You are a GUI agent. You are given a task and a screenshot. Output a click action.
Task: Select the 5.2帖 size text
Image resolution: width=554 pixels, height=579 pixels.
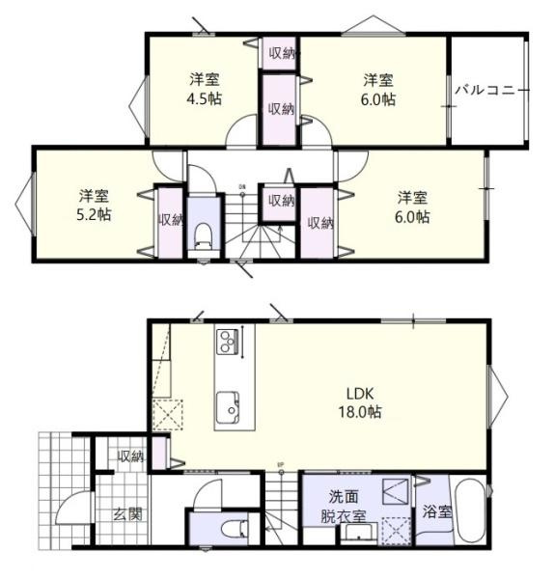(x=94, y=215)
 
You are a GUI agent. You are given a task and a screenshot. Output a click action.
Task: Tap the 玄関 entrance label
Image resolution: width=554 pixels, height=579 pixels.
(x=126, y=514)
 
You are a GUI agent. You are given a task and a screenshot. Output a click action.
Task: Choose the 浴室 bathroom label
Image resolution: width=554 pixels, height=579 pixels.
(x=437, y=512)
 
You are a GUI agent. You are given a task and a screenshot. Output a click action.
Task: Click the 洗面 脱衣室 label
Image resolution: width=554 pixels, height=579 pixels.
(x=347, y=506)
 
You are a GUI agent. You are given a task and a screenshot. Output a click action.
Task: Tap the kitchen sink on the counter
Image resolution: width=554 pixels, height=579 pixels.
(x=230, y=405)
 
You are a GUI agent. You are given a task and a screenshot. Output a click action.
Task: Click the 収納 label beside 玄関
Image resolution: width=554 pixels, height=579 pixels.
(x=130, y=456)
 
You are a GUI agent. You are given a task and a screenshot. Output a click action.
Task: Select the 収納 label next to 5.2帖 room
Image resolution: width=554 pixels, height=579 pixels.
(x=170, y=220)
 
